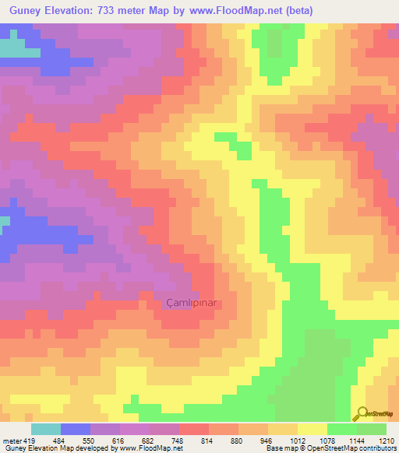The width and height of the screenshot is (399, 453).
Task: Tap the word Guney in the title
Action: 28,12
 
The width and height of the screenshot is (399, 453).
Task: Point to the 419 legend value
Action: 29,441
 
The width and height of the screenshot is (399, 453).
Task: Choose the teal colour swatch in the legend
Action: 45,429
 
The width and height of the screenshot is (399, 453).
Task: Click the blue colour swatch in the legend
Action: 76,429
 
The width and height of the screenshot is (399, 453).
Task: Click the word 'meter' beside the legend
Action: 11,441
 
